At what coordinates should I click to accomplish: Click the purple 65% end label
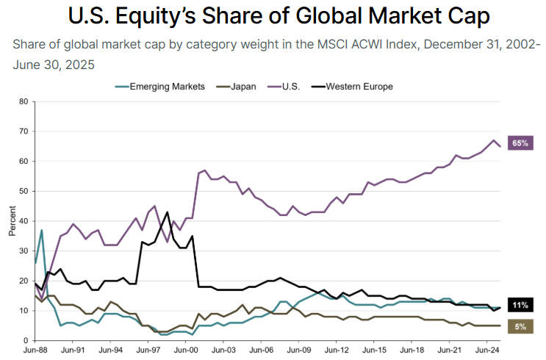[520, 143]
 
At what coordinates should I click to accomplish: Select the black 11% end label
[520, 305]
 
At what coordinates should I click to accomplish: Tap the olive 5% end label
[520, 325]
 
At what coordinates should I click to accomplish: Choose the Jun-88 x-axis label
[35, 352]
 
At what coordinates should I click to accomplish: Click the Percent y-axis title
[10, 220]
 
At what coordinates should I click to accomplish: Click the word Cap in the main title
[461, 16]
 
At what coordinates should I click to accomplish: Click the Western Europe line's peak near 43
[168, 212]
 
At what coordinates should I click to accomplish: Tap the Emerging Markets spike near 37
[41, 230]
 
